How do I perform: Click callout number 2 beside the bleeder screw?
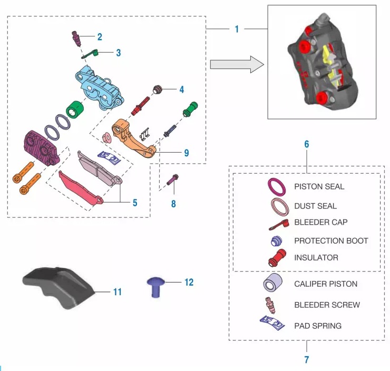pyautogui.click(x=99, y=37)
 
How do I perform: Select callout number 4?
pyautogui.click(x=181, y=89)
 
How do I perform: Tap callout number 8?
pyautogui.click(x=173, y=203)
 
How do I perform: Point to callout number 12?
pyautogui.click(x=189, y=283)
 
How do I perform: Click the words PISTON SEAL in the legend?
pyautogui.click(x=319, y=186)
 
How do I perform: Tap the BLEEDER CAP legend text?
pyautogui.click(x=320, y=222)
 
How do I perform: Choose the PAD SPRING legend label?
pyautogui.click(x=317, y=326)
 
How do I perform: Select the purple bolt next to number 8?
pyautogui.click(x=173, y=180)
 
